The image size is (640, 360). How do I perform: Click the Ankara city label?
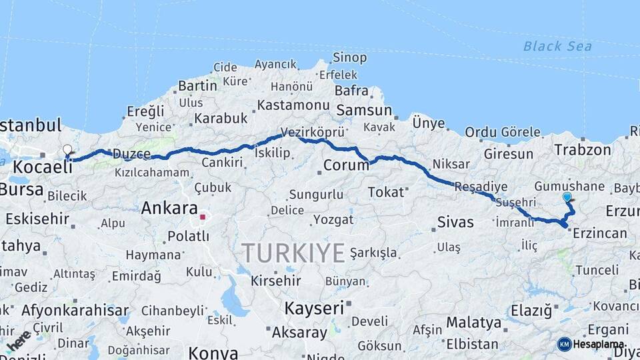pos(169,208)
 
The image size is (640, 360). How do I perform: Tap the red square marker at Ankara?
pos(203,217)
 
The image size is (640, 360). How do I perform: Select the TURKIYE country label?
pos(293,253)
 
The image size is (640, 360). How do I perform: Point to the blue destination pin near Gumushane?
pos(567,197)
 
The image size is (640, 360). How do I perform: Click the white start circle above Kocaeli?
pos(67,149)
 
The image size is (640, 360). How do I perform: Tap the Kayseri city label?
pos(314,308)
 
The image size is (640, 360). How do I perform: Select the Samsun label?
pos(364,111)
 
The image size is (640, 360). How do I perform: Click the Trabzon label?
pos(583,150)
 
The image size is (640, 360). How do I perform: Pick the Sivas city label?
pos(455,222)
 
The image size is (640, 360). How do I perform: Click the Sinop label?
pos(349,58)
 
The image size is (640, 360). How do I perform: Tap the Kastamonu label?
pos(293,105)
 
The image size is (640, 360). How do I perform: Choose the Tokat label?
pos(386,192)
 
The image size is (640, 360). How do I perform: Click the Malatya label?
pos(473,323)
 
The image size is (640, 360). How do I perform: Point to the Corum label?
pos(346,165)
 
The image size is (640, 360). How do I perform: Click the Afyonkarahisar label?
pos(75,310)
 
